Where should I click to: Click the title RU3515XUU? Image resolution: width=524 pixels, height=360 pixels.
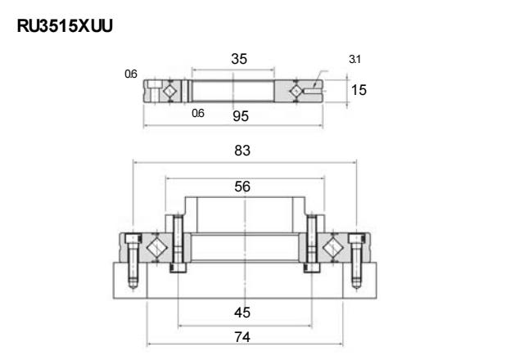(65, 26)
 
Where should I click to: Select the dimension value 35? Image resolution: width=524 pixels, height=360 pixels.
(239, 59)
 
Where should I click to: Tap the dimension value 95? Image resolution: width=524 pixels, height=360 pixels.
(241, 116)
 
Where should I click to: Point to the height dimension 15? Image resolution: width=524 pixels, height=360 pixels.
(359, 90)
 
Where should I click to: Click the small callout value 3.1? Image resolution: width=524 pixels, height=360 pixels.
(355, 60)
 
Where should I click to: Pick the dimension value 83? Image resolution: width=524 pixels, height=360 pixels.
(242, 151)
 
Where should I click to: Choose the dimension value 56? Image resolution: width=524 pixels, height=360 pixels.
(242, 187)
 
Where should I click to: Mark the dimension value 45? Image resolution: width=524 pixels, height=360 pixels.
(242, 313)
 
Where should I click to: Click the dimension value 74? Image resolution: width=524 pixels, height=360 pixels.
(242, 337)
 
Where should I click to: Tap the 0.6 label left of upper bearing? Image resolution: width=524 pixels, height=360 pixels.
(131, 74)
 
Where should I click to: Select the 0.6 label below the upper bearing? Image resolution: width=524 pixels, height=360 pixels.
(198, 113)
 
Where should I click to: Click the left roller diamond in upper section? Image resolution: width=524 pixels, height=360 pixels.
(169, 91)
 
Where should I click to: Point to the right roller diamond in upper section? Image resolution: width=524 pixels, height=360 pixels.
(296, 91)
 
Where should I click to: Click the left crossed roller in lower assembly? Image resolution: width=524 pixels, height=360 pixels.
(156, 248)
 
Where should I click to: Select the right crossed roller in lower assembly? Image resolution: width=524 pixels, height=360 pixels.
(333, 248)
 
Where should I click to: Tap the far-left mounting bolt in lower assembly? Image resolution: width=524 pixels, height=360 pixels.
(133, 260)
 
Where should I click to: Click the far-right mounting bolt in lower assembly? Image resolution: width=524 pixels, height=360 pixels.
(357, 260)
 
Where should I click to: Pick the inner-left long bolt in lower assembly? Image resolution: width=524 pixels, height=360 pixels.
(178, 244)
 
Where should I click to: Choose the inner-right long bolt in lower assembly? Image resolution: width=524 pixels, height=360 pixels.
(312, 244)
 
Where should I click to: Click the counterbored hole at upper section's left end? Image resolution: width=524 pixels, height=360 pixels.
(153, 91)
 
